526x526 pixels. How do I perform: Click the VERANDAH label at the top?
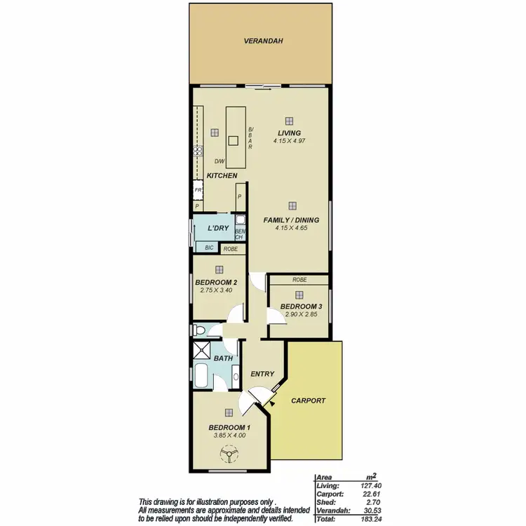tap(263, 41)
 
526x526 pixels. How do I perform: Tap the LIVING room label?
tap(288, 133)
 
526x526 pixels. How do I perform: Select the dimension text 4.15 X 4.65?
tap(291, 228)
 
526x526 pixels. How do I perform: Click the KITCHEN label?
tap(222, 175)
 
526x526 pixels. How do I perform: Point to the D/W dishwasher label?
tap(220, 161)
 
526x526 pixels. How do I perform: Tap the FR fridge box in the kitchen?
tap(198, 190)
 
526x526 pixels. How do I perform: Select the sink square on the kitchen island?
tap(234, 140)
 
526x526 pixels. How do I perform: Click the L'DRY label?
tap(218, 229)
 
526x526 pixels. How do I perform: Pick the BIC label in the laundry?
tap(208, 248)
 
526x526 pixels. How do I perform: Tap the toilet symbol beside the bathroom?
tap(198, 330)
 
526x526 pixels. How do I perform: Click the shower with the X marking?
tap(203, 353)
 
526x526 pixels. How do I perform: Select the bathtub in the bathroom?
tap(203, 377)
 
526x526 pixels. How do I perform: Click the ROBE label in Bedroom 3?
tap(299, 280)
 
